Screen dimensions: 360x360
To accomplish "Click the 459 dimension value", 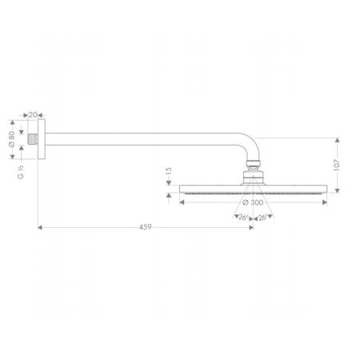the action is click(146, 227).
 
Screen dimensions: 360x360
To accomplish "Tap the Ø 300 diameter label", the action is click(253, 202).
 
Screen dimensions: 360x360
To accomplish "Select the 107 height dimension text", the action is click(337, 165).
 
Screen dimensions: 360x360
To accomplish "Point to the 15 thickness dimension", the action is click(169, 171).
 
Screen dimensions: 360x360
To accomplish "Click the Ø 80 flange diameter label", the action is click(12, 139).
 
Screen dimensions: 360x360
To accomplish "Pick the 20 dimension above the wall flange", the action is click(33, 115).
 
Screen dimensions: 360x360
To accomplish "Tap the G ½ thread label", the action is click(21, 172).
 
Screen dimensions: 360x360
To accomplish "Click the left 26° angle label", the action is click(243, 218).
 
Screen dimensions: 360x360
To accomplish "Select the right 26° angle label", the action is click(262, 218).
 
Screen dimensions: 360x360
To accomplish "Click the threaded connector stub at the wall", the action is click(33, 139).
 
